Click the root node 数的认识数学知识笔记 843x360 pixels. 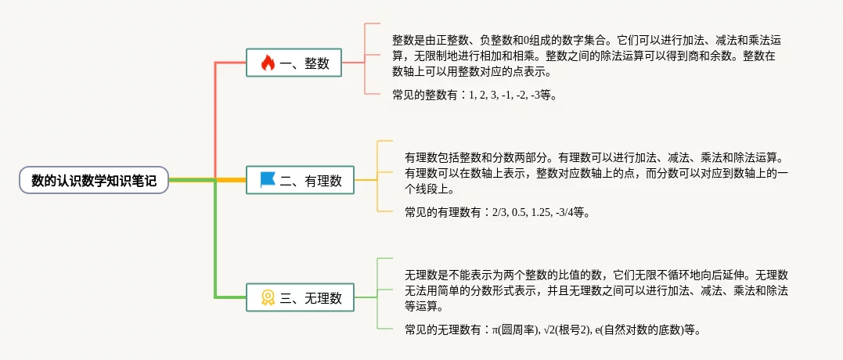[94, 181]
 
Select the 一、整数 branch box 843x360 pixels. [294, 63]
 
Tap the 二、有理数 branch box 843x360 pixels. [300, 180]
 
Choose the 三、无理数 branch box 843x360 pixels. [300, 297]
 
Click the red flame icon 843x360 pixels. [268, 63]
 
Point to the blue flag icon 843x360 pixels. [268, 180]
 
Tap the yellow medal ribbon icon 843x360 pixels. [268, 297]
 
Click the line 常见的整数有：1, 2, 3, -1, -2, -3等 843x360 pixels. [474, 95]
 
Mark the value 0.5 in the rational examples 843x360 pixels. [518, 212]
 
